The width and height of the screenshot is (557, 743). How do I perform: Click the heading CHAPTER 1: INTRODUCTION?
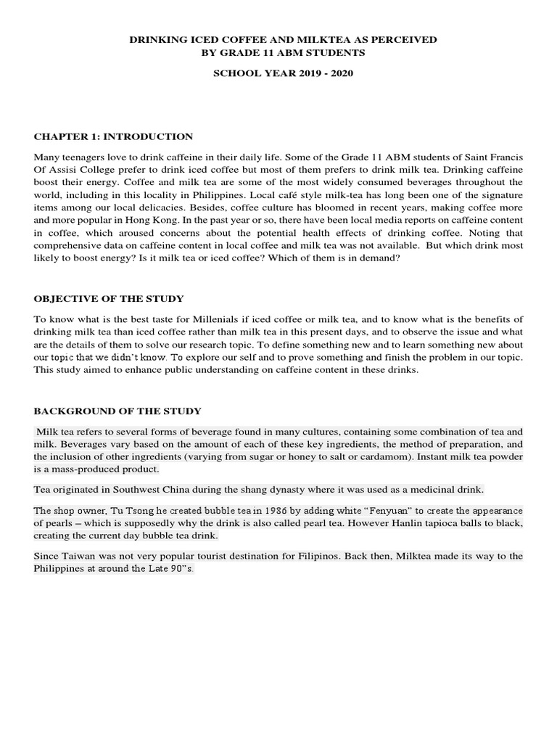pos(113,136)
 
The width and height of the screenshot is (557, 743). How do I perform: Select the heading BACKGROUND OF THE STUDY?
pos(117,411)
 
